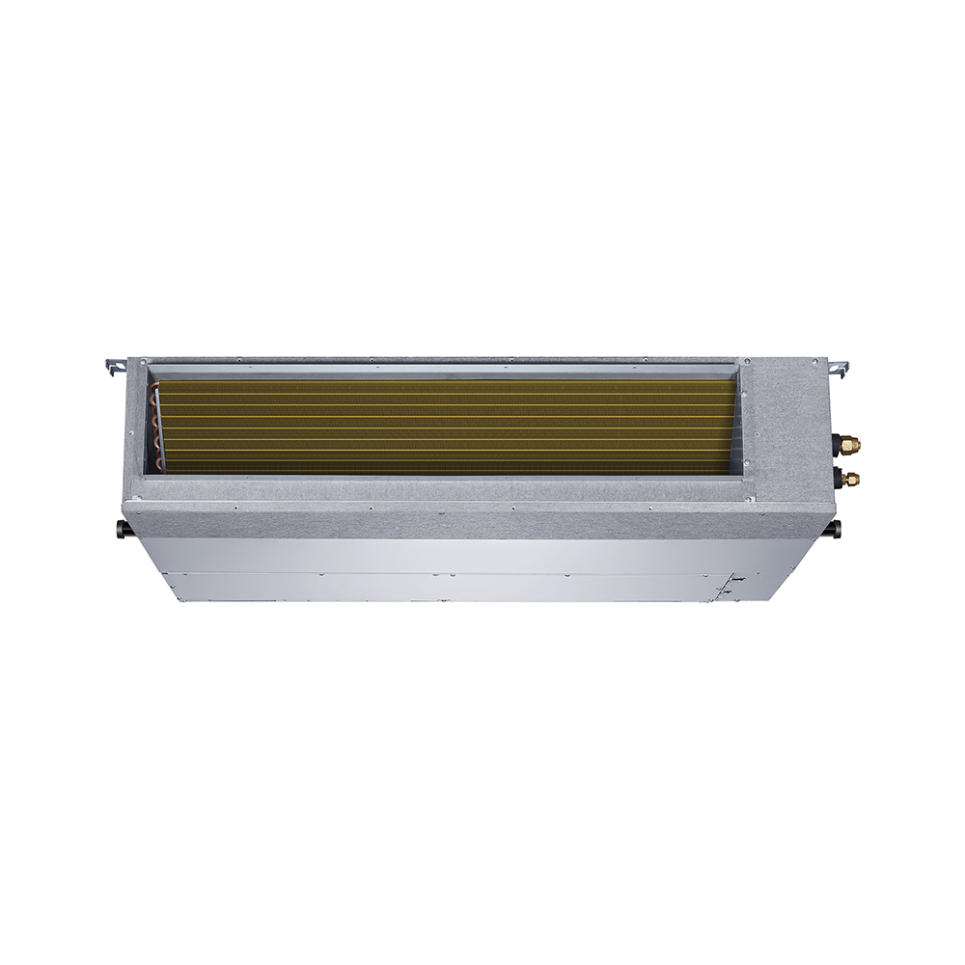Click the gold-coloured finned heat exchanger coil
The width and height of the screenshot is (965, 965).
(444, 425)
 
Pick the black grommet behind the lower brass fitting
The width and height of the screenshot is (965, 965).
(840, 477)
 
